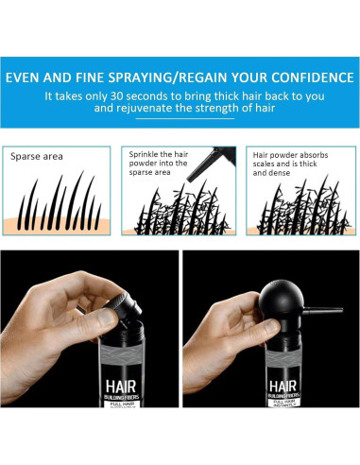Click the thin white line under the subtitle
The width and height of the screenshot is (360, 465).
pos(180,120)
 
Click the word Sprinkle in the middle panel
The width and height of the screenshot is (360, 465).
pos(150,152)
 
